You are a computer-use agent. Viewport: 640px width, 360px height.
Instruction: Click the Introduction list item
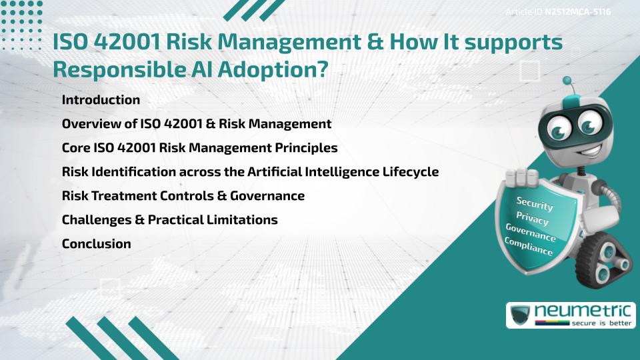pyautogui.click(x=101, y=100)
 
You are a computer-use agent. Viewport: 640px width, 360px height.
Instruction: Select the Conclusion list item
pyautogui.click(x=96, y=244)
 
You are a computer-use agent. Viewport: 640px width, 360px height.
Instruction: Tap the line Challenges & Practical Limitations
pyautogui.click(x=169, y=220)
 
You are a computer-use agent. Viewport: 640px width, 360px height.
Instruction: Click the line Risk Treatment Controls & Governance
pyautogui.click(x=183, y=196)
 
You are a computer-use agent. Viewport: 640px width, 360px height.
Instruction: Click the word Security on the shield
pyautogui.click(x=535, y=203)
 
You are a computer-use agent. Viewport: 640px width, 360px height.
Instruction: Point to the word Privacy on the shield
pyautogui.click(x=533, y=218)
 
